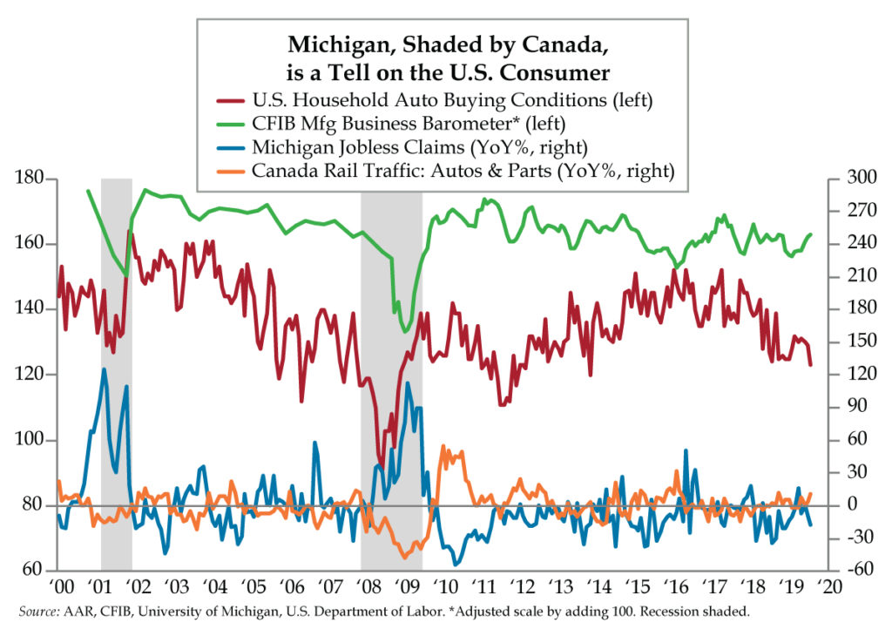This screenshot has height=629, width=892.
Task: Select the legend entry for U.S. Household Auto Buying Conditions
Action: pos(435,100)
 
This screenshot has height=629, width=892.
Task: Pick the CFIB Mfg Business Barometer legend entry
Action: pos(391,124)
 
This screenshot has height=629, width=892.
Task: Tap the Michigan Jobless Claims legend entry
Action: pos(402,147)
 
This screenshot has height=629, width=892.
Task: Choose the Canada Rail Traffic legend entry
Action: pos(445,171)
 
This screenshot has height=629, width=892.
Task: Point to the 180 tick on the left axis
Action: pos(29,178)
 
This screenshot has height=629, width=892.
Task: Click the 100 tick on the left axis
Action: pos(29,440)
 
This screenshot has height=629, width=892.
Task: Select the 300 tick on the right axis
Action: pos(862,178)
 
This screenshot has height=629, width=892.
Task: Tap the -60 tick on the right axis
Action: pos(862,569)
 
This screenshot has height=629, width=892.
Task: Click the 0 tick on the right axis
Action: pos(852,504)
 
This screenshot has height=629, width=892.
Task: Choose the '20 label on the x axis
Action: pos(829,586)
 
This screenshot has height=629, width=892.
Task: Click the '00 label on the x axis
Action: pos(60,586)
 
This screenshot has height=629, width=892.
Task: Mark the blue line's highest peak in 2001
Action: pos(104,369)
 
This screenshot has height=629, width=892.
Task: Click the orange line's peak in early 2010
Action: pos(443,447)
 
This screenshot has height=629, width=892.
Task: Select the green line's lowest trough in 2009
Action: pos(405,332)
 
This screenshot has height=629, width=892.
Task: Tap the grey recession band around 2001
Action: pos(117,375)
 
